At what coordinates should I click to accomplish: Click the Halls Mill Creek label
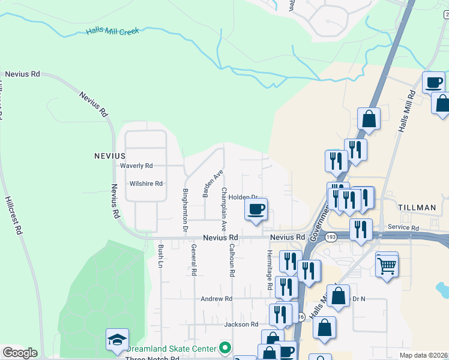pyautogui.click(x=112, y=31)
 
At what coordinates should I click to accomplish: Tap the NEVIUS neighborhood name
pyautogui.click(x=109, y=155)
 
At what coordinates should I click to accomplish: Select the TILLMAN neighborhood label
pyautogui.click(x=417, y=208)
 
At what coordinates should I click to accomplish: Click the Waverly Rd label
pyautogui.click(x=136, y=166)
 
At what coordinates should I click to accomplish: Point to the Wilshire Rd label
pyautogui.click(x=146, y=184)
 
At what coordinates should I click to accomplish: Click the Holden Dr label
pyautogui.click(x=243, y=197)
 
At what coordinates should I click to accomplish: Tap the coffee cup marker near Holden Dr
pyautogui.click(x=256, y=210)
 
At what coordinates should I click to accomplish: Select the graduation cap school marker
pyautogui.click(x=117, y=340)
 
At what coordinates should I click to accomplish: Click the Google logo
pyautogui.click(x=20, y=353)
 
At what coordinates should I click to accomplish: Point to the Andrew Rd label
pyautogui.click(x=216, y=298)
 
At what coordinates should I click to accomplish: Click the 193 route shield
pyautogui.click(x=330, y=238)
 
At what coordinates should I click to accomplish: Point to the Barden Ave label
pyautogui.click(x=212, y=184)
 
